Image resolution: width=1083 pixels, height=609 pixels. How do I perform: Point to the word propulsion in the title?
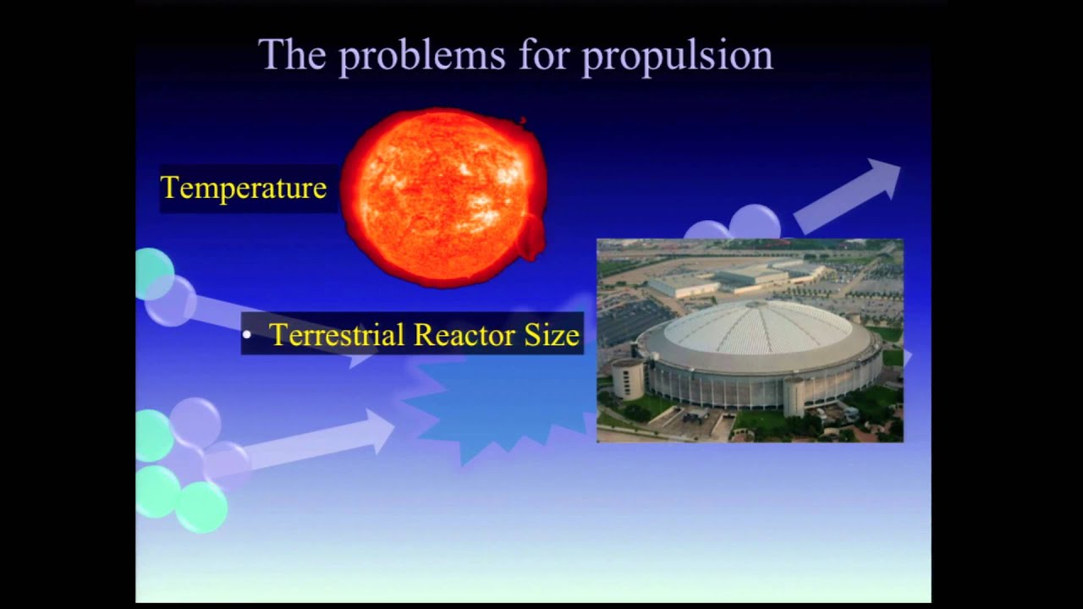click(677, 57)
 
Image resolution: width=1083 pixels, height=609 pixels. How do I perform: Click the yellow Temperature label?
click(244, 188)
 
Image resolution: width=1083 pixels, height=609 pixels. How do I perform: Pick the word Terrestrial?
click(337, 335)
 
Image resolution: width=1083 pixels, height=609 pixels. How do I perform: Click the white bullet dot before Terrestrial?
click(247, 336)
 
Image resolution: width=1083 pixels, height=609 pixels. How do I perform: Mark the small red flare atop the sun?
click(522, 121)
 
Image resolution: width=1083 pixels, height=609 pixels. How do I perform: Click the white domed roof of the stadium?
click(756, 330)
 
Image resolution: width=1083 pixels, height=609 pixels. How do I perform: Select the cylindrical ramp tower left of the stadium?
click(627, 378)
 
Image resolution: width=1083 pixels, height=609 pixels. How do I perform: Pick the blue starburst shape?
click(499, 406)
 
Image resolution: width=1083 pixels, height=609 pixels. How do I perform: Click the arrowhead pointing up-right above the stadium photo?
click(880, 176)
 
